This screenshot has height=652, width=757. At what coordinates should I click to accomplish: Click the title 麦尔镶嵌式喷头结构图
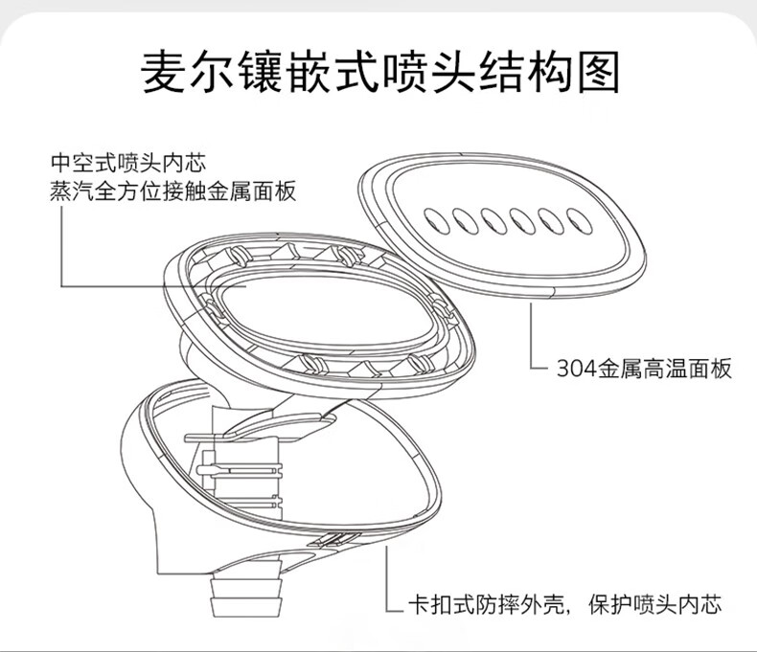point(379,72)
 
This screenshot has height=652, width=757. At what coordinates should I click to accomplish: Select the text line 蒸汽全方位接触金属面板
point(172,191)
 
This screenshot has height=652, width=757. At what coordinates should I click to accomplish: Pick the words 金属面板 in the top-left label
point(257,191)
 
